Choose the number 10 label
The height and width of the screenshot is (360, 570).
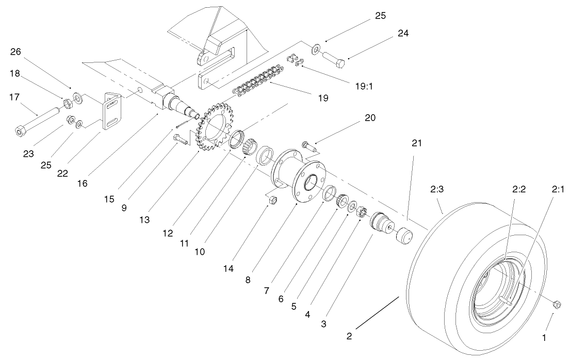pos(200,252)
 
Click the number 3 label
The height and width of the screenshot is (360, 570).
pos(324,324)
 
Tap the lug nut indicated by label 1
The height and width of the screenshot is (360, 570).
pos(557,304)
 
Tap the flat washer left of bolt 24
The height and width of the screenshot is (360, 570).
pos(315,48)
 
